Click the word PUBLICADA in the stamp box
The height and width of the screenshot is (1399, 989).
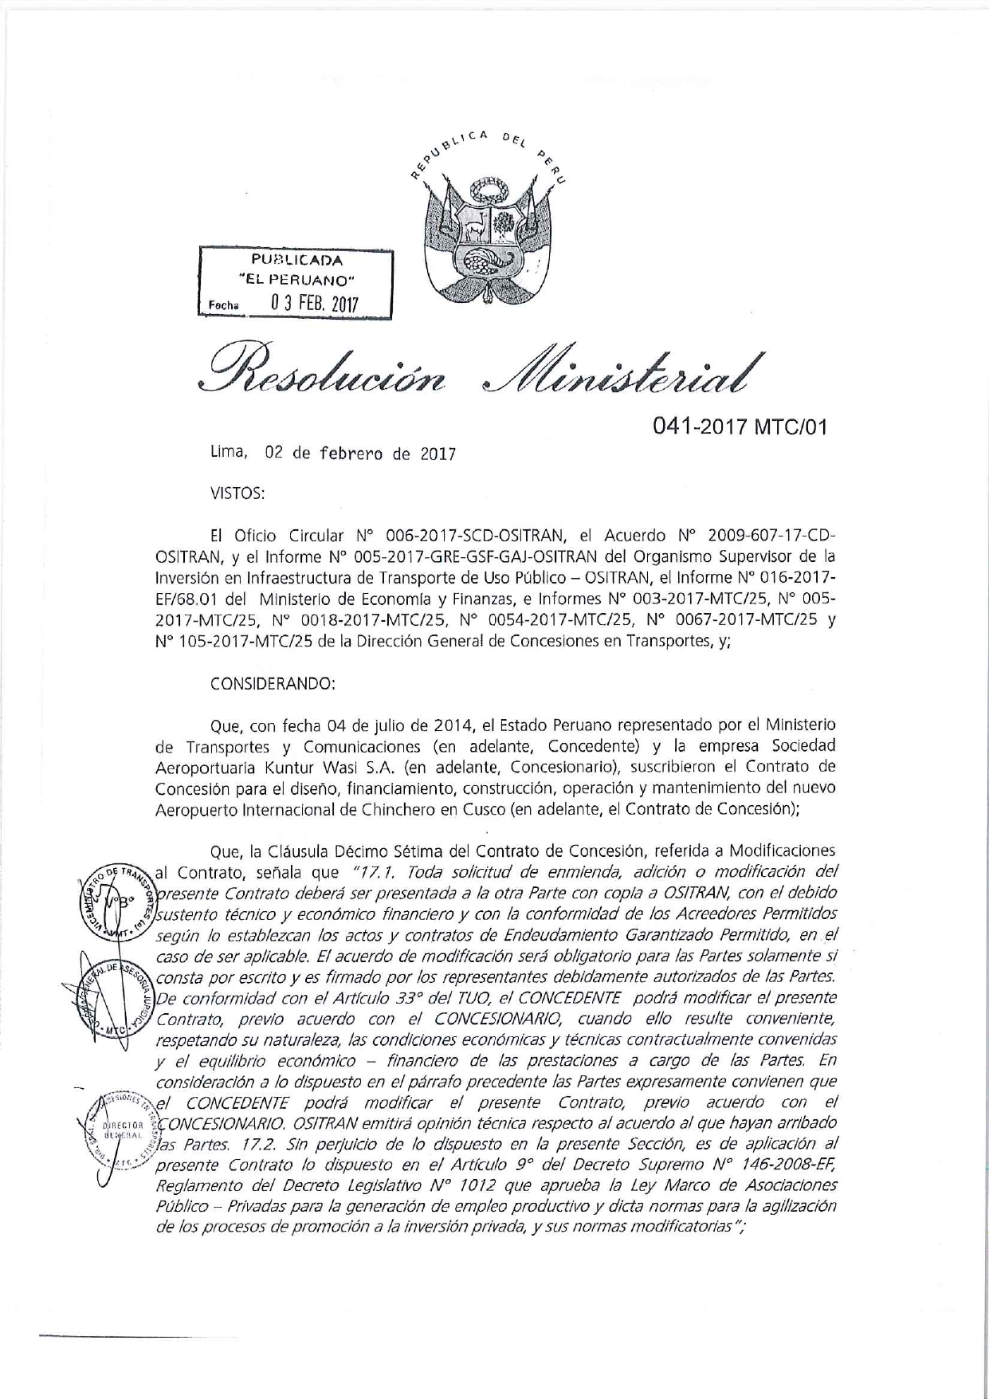point(296,260)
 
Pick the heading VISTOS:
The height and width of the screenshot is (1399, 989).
point(237,493)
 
